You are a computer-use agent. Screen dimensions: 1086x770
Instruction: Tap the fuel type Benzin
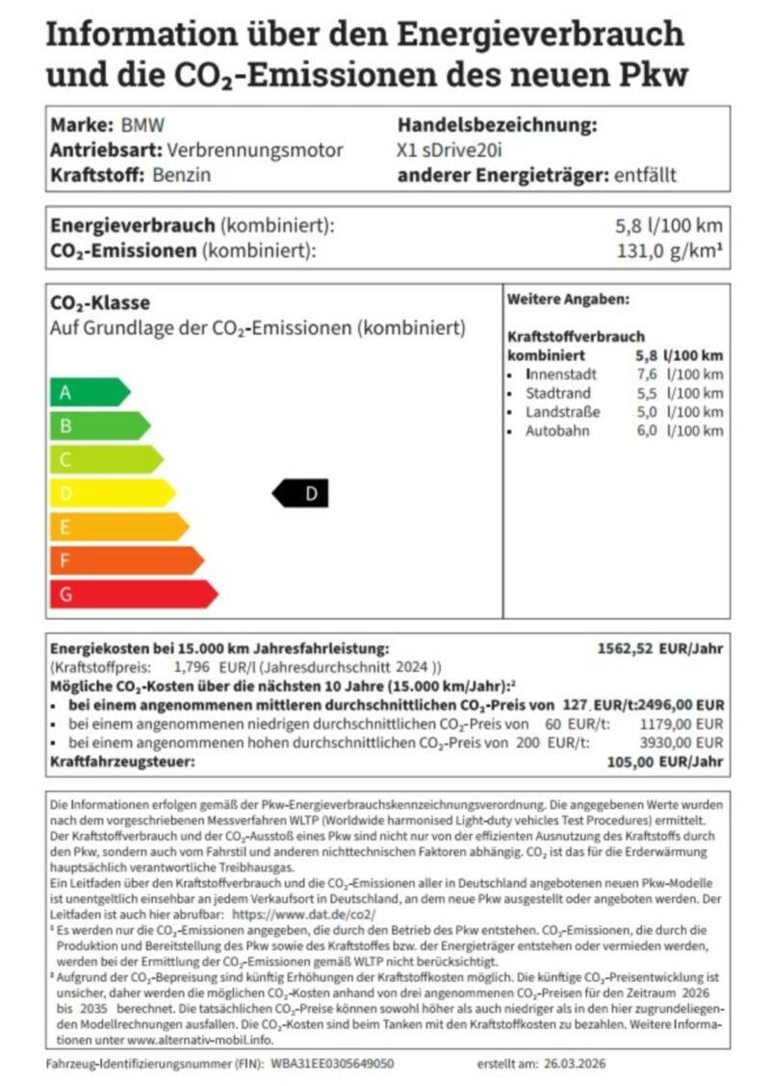coord(181,175)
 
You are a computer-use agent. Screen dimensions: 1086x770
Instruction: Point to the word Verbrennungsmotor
coord(254,150)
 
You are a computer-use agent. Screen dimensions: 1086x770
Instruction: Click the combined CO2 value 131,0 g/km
coord(669,251)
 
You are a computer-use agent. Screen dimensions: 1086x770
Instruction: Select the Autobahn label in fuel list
coord(556,430)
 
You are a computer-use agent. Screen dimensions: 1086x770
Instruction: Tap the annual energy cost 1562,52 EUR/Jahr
coord(660,648)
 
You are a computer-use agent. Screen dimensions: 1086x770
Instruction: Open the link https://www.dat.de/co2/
coord(304,914)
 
